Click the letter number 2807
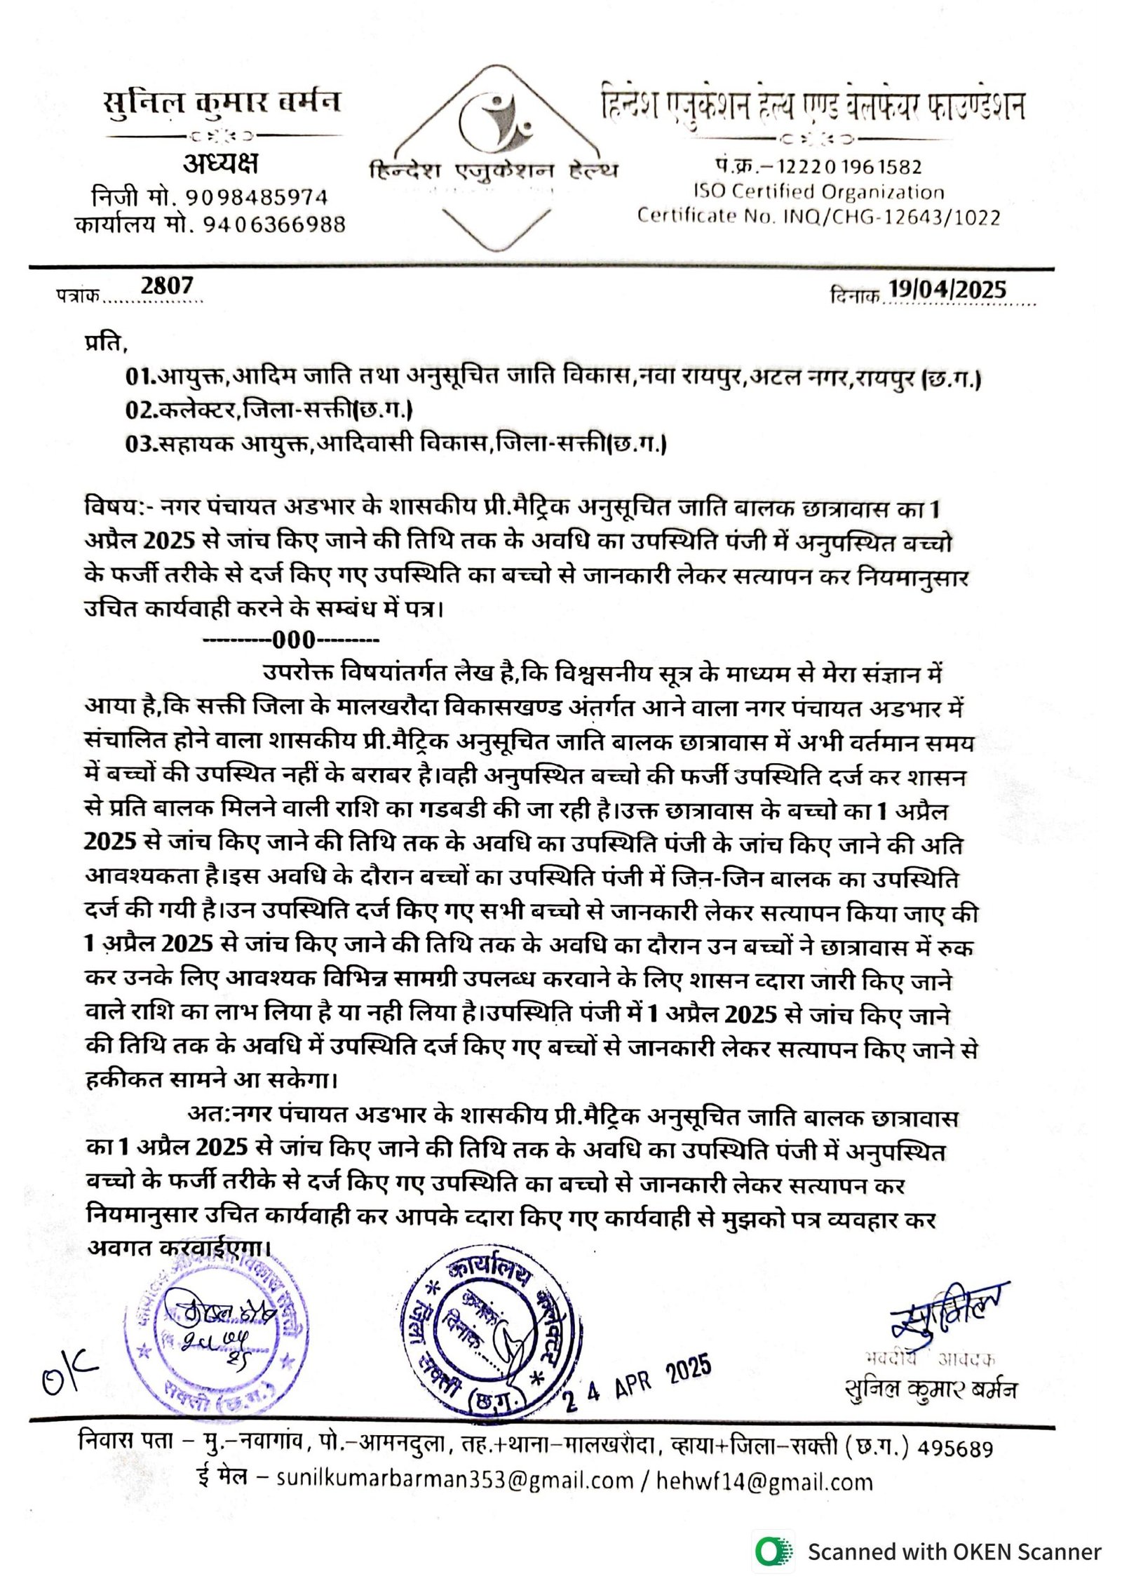(166, 286)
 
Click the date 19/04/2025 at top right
(947, 290)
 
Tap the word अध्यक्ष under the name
(220, 164)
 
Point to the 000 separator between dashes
(294, 640)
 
